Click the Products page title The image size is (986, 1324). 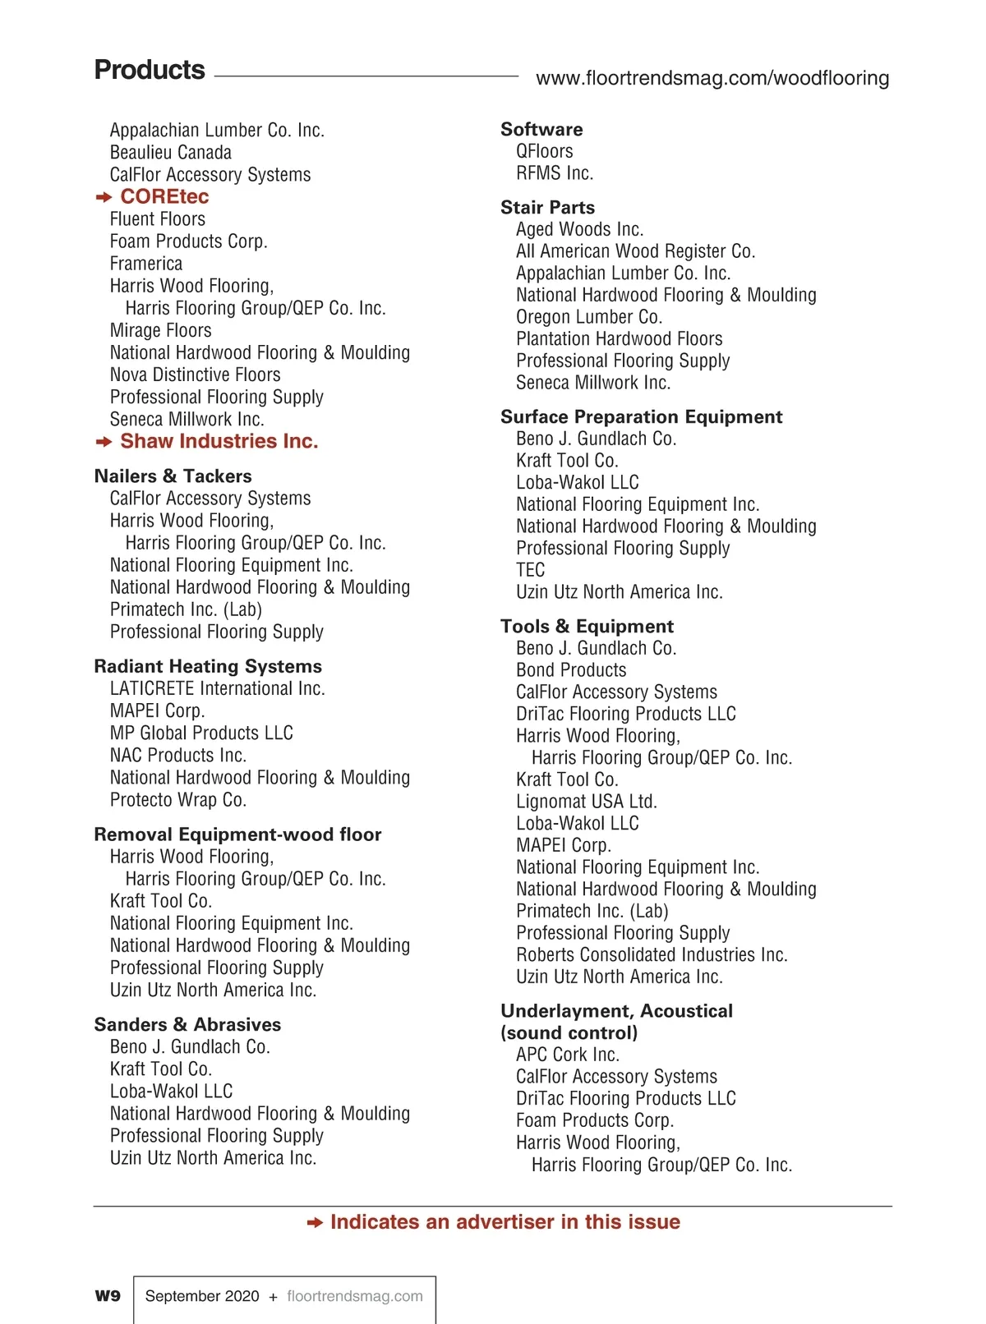coord(150,70)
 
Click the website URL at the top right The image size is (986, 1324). coord(712,78)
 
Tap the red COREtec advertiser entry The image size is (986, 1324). coord(164,197)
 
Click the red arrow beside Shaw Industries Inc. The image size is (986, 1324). coord(104,442)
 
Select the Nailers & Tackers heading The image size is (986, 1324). coord(173,476)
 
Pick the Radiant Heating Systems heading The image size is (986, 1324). coord(208,666)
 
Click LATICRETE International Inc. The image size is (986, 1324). coord(217,688)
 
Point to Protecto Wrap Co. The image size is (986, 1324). coord(178,800)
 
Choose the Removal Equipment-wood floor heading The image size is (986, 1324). coord(237,834)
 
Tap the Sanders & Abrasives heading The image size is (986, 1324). coord(187,1024)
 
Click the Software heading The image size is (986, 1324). coord(541,129)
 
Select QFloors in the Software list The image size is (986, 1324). coord(544,151)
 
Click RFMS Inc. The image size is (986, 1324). coord(555,173)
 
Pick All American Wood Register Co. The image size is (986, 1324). coord(635,251)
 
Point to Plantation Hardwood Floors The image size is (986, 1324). coord(619,338)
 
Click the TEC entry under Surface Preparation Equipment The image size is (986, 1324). coord(530,570)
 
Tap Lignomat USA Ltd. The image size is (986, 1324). coord(586,801)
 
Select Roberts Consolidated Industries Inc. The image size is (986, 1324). coord(652,954)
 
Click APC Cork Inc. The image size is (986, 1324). coord(568,1055)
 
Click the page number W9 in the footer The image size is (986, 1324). coord(108,1296)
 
